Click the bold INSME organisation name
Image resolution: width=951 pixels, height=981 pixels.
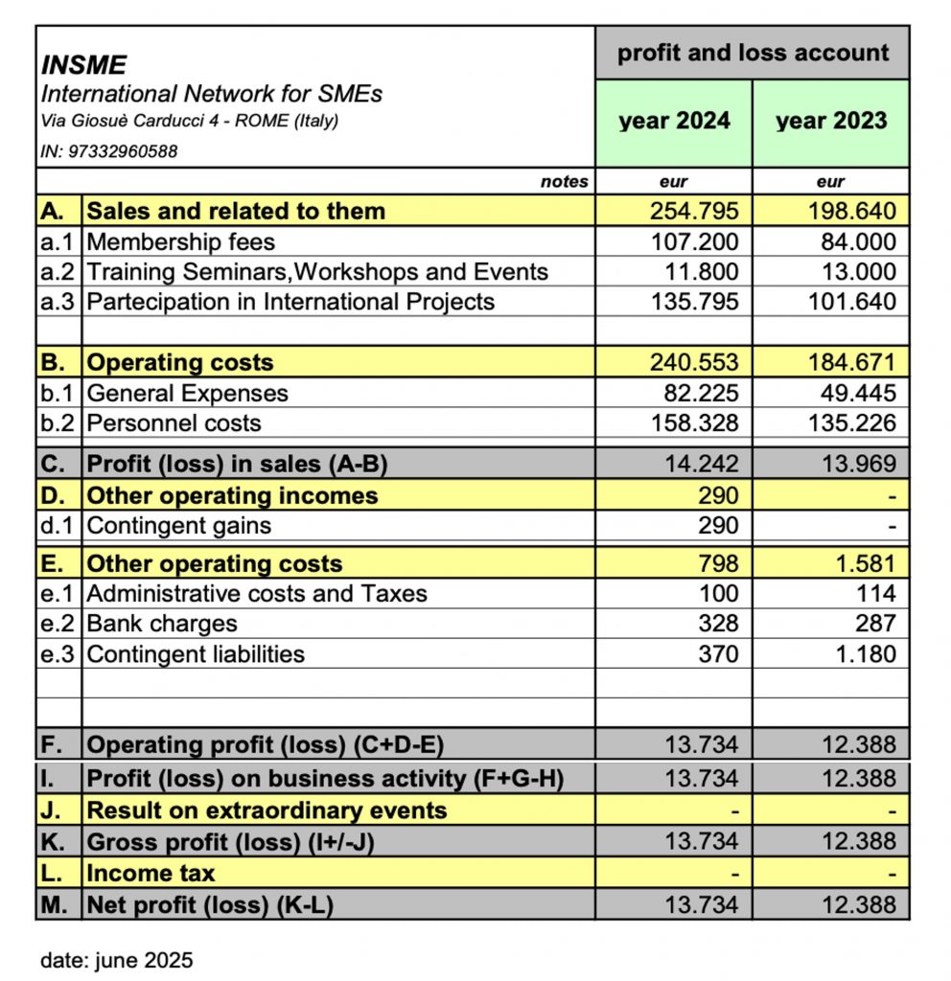click(x=84, y=65)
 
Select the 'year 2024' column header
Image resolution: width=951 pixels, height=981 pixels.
click(x=674, y=122)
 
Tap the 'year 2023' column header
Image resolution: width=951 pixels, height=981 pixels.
click(x=831, y=122)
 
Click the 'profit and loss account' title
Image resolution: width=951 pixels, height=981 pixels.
click(x=753, y=53)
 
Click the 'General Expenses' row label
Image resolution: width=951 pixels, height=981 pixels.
click(x=187, y=393)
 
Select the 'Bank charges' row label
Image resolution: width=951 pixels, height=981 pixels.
click(x=161, y=624)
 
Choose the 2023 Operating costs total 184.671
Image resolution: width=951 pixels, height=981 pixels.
click(x=852, y=363)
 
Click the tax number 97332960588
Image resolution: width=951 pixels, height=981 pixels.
click(x=123, y=151)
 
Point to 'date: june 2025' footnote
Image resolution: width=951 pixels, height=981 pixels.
click(x=116, y=960)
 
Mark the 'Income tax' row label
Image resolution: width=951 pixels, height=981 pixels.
click(x=151, y=873)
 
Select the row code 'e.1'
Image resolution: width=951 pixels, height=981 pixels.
click(x=59, y=594)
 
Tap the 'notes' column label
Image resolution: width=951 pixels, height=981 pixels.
click(x=565, y=182)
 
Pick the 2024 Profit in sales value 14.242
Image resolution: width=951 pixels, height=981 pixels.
click(x=702, y=464)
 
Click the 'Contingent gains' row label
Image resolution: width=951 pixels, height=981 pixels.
click(x=178, y=525)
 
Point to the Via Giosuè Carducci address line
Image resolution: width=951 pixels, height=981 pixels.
click(x=190, y=122)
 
